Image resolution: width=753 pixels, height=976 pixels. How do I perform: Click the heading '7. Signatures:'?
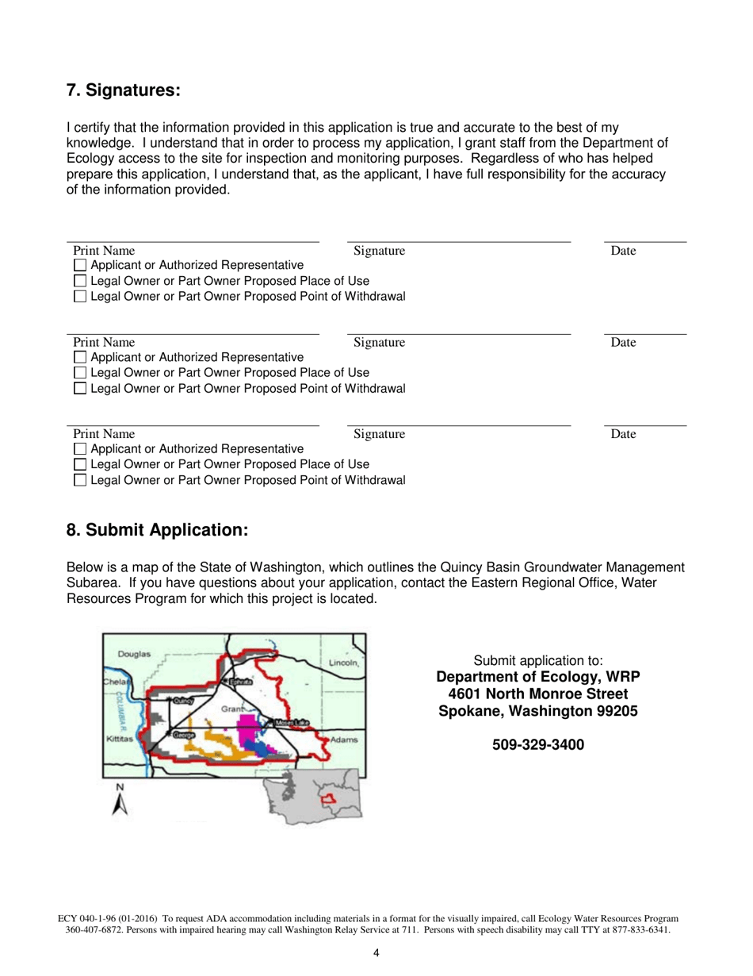[124, 91]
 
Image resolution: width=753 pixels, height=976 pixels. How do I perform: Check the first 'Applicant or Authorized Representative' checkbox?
[79, 265]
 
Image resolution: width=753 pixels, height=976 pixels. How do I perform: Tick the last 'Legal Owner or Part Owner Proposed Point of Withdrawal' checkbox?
[79, 480]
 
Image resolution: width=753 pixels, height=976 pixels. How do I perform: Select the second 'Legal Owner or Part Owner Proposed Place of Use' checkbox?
[79, 372]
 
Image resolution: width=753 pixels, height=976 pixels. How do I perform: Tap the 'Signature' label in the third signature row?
[379, 435]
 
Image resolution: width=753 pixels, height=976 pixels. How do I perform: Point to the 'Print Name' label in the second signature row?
[104, 344]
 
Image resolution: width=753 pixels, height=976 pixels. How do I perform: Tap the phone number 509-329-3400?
[538, 745]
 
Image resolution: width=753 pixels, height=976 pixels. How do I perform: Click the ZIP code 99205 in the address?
[614, 712]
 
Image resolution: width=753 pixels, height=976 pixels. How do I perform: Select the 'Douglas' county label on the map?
[134, 655]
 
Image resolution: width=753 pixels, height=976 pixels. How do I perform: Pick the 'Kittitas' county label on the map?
[118, 739]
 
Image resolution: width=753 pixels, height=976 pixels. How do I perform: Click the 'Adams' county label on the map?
[345, 740]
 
